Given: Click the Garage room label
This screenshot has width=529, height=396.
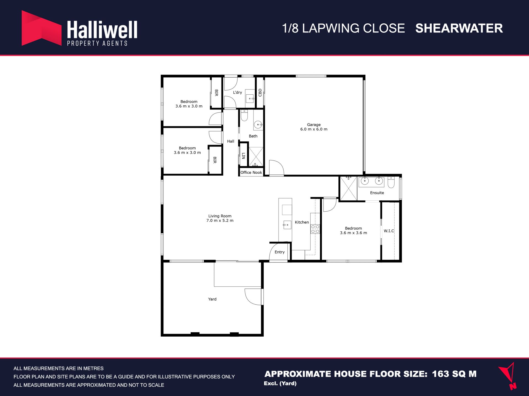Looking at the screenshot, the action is click(314, 125).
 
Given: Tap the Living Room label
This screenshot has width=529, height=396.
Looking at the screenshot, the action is click(220, 216).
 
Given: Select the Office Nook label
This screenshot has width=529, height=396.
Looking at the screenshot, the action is click(251, 173).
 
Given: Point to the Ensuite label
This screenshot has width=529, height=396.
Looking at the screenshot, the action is click(377, 193).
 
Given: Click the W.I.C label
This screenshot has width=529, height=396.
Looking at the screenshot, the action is click(389, 231).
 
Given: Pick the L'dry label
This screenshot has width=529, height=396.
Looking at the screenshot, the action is click(237, 92).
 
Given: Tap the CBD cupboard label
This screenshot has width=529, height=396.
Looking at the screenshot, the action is click(260, 92).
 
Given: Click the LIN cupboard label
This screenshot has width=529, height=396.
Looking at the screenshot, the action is click(244, 156).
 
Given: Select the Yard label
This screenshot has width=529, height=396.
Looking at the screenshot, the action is click(212, 299).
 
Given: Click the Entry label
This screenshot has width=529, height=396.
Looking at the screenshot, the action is click(279, 252).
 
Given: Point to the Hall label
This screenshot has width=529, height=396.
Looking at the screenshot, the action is click(231, 141).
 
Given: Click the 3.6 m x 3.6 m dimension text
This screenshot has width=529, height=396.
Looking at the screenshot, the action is click(353, 233).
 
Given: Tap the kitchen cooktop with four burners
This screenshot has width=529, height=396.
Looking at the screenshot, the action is click(315, 229).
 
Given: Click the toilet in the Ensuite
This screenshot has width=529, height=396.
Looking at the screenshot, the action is click(391, 182).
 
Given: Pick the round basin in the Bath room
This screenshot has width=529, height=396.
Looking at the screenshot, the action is click(258, 125).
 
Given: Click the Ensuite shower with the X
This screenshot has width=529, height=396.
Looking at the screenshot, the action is click(349, 189).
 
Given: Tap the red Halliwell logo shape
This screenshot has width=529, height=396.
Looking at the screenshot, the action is click(42, 28).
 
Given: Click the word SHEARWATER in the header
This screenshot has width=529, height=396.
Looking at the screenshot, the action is click(459, 28).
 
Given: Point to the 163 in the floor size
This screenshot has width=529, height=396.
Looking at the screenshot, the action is click(440, 374).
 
